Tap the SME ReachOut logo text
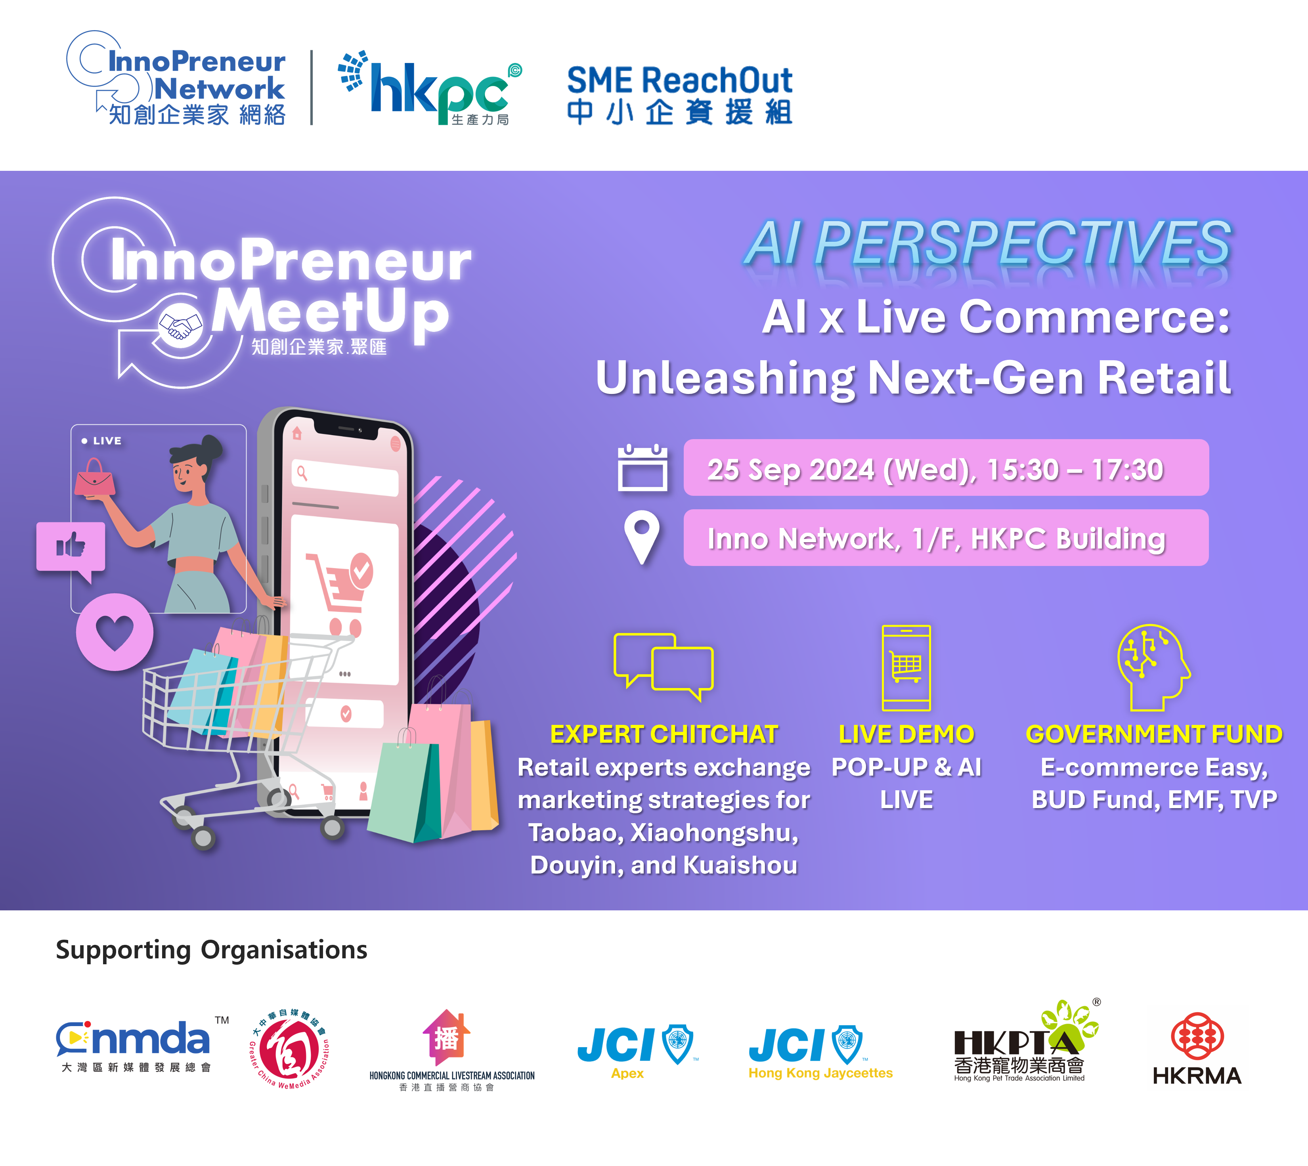pyautogui.click(x=680, y=95)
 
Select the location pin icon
pyautogui.click(x=642, y=537)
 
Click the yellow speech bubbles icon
pyautogui.click(x=664, y=667)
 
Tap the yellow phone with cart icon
pyautogui.click(x=906, y=667)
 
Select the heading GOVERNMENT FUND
pyautogui.click(x=1154, y=734)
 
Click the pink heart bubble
pyautogui.click(x=115, y=632)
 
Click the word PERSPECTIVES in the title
pyautogui.click(x=1022, y=243)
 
